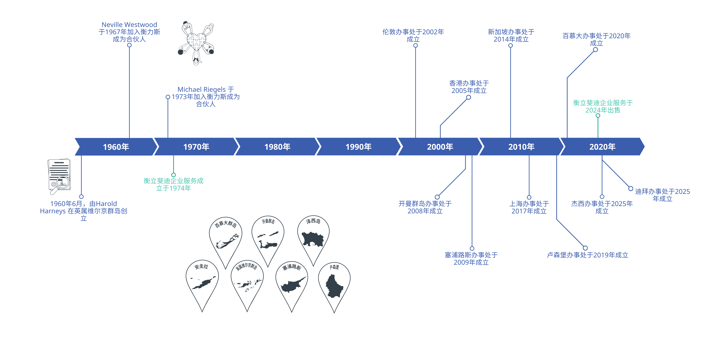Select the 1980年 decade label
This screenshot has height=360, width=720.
tap(277, 147)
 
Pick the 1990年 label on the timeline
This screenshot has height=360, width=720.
tap(358, 147)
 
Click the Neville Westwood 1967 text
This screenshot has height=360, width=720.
tap(129, 32)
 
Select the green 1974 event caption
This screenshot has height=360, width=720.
tap(174, 184)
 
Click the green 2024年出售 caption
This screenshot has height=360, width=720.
tap(603, 106)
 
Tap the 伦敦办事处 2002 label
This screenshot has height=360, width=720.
tap(413, 36)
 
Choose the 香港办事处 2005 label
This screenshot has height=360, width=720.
tap(469, 87)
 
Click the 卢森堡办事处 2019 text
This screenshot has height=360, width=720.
tap(587, 255)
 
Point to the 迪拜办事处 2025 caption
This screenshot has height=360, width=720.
tap(662, 195)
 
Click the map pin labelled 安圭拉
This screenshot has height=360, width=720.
tap(202, 285)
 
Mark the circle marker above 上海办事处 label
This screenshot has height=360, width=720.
tap(529, 197)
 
